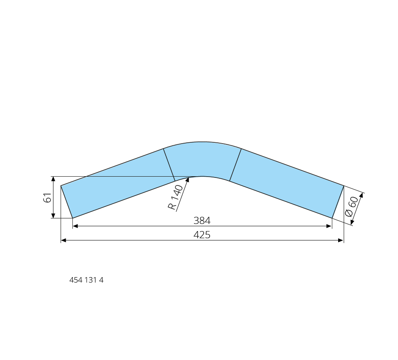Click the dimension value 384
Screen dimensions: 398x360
pyautogui.click(x=202, y=221)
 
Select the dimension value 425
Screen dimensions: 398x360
pyautogui.click(x=202, y=235)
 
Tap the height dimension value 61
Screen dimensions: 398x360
pyautogui.click(x=47, y=198)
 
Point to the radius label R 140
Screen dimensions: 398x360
pyautogui.click(x=175, y=197)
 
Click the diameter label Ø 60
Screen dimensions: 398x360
pyautogui.click(x=352, y=206)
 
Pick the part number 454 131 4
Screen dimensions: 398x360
pyautogui.click(x=86, y=280)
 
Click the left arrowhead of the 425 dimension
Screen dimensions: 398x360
pyautogui.click(x=64, y=240)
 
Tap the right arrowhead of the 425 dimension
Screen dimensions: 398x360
pyautogui.click(x=341, y=240)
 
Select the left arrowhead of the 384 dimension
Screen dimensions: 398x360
pyautogui.click(x=75, y=226)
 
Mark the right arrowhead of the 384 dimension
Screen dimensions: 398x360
pyautogui.click(x=329, y=226)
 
